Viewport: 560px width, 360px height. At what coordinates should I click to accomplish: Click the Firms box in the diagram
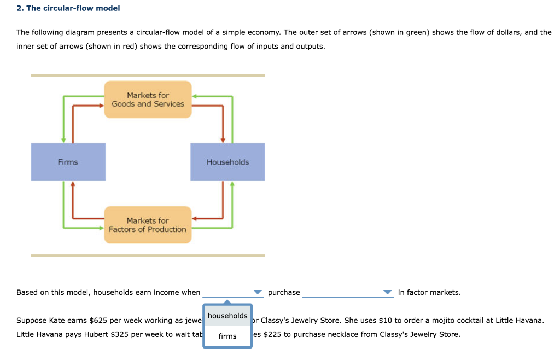click(x=68, y=162)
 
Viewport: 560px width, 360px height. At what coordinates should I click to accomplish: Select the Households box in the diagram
click(x=227, y=162)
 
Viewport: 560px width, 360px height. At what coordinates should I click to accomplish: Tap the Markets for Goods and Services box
click(x=148, y=100)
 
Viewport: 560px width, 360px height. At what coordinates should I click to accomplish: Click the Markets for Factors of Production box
click(x=148, y=225)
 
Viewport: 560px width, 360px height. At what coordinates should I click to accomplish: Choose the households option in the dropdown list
click(x=227, y=316)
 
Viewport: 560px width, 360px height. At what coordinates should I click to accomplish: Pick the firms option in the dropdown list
click(x=227, y=336)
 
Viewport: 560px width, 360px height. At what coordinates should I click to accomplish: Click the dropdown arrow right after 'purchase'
click(x=388, y=292)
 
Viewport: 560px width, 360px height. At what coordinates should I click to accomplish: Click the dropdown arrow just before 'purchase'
click(x=258, y=292)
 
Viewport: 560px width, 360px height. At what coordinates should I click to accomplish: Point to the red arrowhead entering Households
click(x=223, y=140)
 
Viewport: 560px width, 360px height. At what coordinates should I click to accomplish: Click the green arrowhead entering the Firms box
click(x=63, y=140)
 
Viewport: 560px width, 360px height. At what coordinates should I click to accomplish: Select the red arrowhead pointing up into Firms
click(x=73, y=184)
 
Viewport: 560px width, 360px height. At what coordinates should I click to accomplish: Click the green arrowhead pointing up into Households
click(x=232, y=184)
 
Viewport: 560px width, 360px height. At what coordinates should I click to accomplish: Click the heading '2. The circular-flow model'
click(x=68, y=8)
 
